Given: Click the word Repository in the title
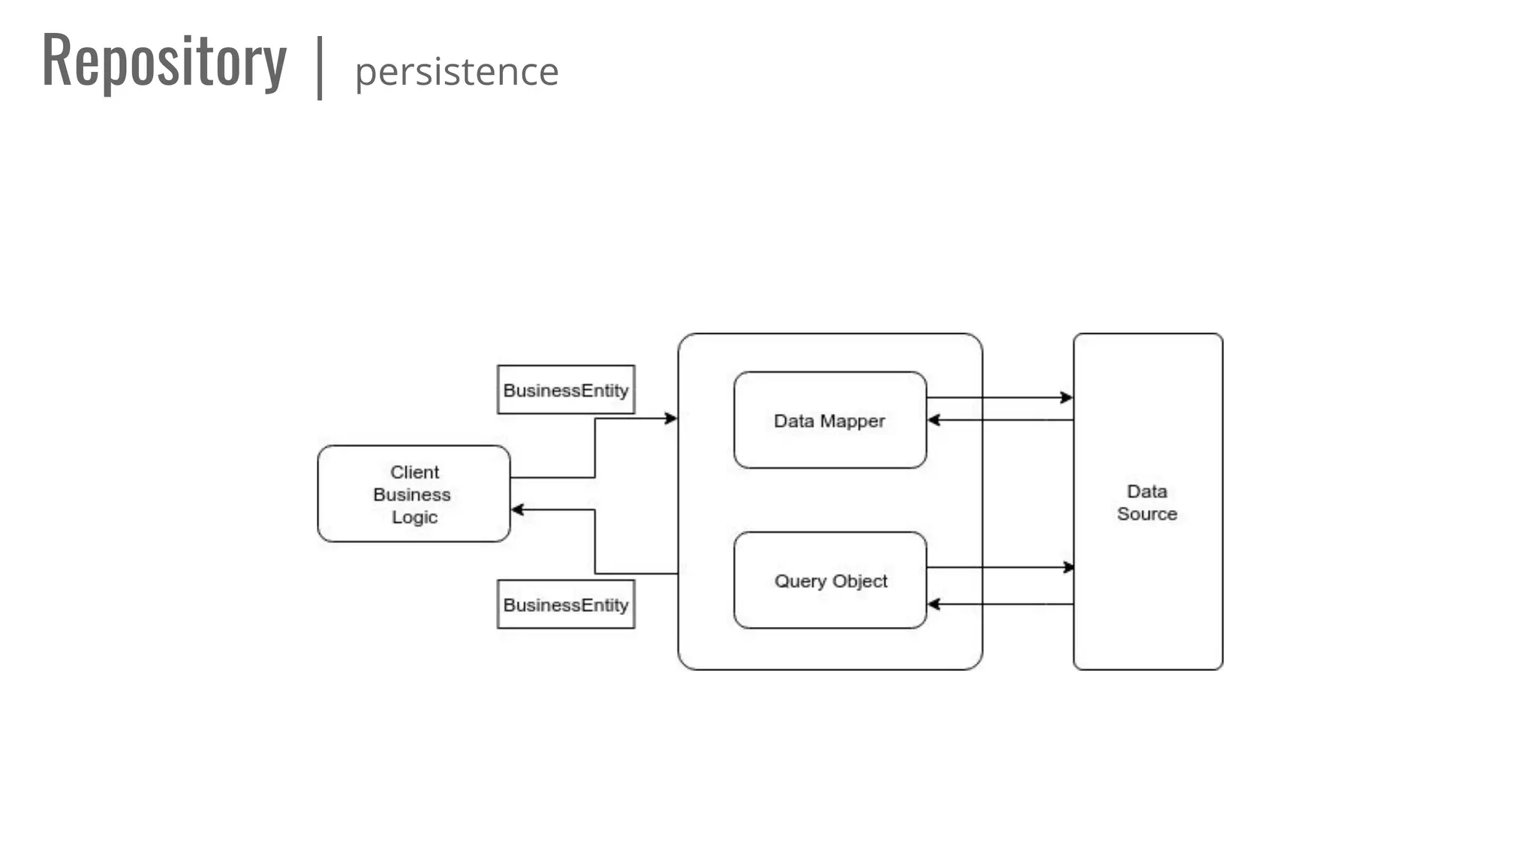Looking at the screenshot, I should (x=164, y=62).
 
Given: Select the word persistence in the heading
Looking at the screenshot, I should (x=456, y=73).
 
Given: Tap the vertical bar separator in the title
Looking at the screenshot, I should (x=320, y=67).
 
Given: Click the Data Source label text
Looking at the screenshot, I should (x=1147, y=502).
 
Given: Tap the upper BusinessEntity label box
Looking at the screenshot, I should (x=566, y=390).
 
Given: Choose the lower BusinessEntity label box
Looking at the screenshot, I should (x=566, y=604).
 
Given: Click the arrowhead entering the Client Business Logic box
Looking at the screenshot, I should (x=517, y=510).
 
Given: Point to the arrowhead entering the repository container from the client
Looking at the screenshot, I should (x=671, y=418).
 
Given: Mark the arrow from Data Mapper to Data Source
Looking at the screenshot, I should (x=998, y=397).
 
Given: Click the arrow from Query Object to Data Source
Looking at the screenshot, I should (x=998, y=568).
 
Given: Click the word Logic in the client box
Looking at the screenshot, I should (x=414, y=517).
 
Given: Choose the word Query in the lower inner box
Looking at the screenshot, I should (x=800, y=581).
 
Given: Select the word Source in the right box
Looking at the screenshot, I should (x=1147, y=514).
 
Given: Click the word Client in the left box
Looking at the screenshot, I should (x=414, y=472).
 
